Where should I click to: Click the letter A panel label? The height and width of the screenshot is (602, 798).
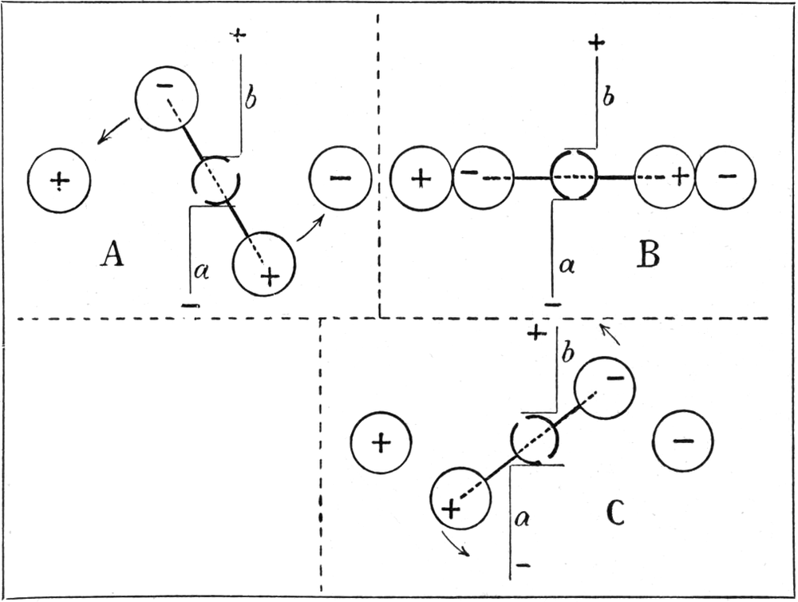113,255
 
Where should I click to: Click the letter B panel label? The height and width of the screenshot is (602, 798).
647,255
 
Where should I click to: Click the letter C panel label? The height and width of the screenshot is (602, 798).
614,515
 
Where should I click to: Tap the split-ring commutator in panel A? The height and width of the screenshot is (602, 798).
216,181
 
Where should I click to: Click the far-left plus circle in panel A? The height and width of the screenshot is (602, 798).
59,181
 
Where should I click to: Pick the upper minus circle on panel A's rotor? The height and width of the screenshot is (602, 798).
166,97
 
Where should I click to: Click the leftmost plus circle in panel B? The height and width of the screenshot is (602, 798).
421,178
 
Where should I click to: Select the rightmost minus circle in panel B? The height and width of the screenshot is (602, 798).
725,178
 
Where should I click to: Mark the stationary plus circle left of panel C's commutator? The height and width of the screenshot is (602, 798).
381,442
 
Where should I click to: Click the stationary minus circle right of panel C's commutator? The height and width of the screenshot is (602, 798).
682,441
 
